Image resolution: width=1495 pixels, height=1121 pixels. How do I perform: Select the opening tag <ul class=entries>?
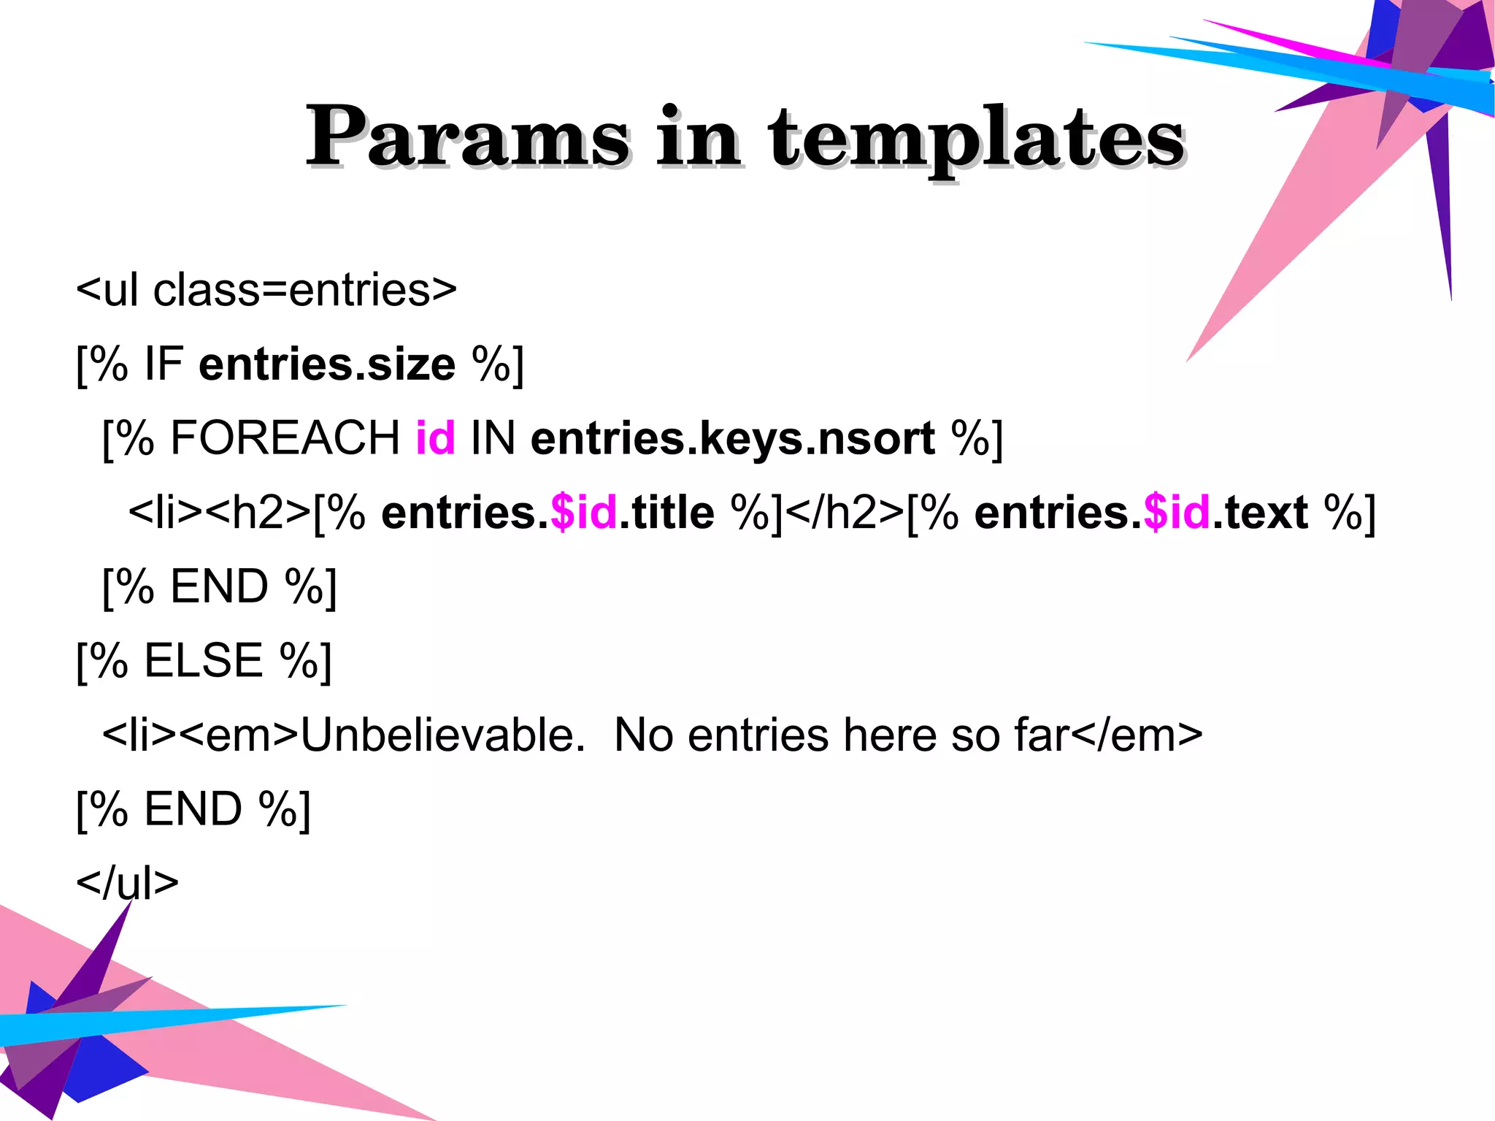[266, 290]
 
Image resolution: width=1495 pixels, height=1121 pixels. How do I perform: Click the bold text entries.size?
[327, 364]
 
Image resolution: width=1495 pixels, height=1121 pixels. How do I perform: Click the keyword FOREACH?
[285, 438]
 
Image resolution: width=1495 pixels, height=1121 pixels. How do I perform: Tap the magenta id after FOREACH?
[435, 438]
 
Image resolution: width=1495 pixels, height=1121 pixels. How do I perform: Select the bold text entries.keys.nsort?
[732, 438]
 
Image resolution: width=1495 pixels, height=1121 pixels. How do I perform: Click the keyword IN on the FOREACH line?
[493, 438]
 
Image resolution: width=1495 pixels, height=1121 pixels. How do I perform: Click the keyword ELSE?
[204, 661]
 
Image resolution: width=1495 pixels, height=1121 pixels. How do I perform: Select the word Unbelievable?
[442, 735]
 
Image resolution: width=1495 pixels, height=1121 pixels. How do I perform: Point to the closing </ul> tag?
[128, 883]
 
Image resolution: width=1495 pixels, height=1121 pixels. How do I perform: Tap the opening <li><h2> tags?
[220, 513]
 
